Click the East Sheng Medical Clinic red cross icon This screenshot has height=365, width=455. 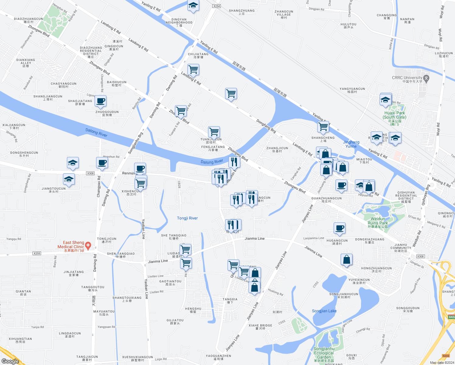(x=88, y=245)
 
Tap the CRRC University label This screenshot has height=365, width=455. (x=407, y=78)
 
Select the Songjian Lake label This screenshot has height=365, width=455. (x=324, y=311)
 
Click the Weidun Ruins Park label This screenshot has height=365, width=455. (x=378, y=221)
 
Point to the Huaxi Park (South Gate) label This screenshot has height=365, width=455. (x=394, y=115)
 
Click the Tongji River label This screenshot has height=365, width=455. (x=187, y=218)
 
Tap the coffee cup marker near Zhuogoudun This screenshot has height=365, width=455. (x=100, y=101)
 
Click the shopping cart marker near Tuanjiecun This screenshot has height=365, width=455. (x=214, y=132)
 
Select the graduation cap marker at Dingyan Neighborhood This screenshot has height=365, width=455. (x=193, y=5)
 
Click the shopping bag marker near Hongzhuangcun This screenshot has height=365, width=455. (x=346, y=259)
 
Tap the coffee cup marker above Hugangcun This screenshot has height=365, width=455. (x=340, y=228)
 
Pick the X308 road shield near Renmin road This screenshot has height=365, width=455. (x=90, y=173)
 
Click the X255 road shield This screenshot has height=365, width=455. (x=37, y=253)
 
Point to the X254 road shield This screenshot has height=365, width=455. (x=216, y=6)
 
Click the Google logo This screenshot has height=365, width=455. (x=10, y=361)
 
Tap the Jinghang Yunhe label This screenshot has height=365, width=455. (x=351, y=144)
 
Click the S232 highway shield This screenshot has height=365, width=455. (x=446, y=356)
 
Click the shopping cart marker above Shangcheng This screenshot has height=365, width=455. (x=323, y=127)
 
